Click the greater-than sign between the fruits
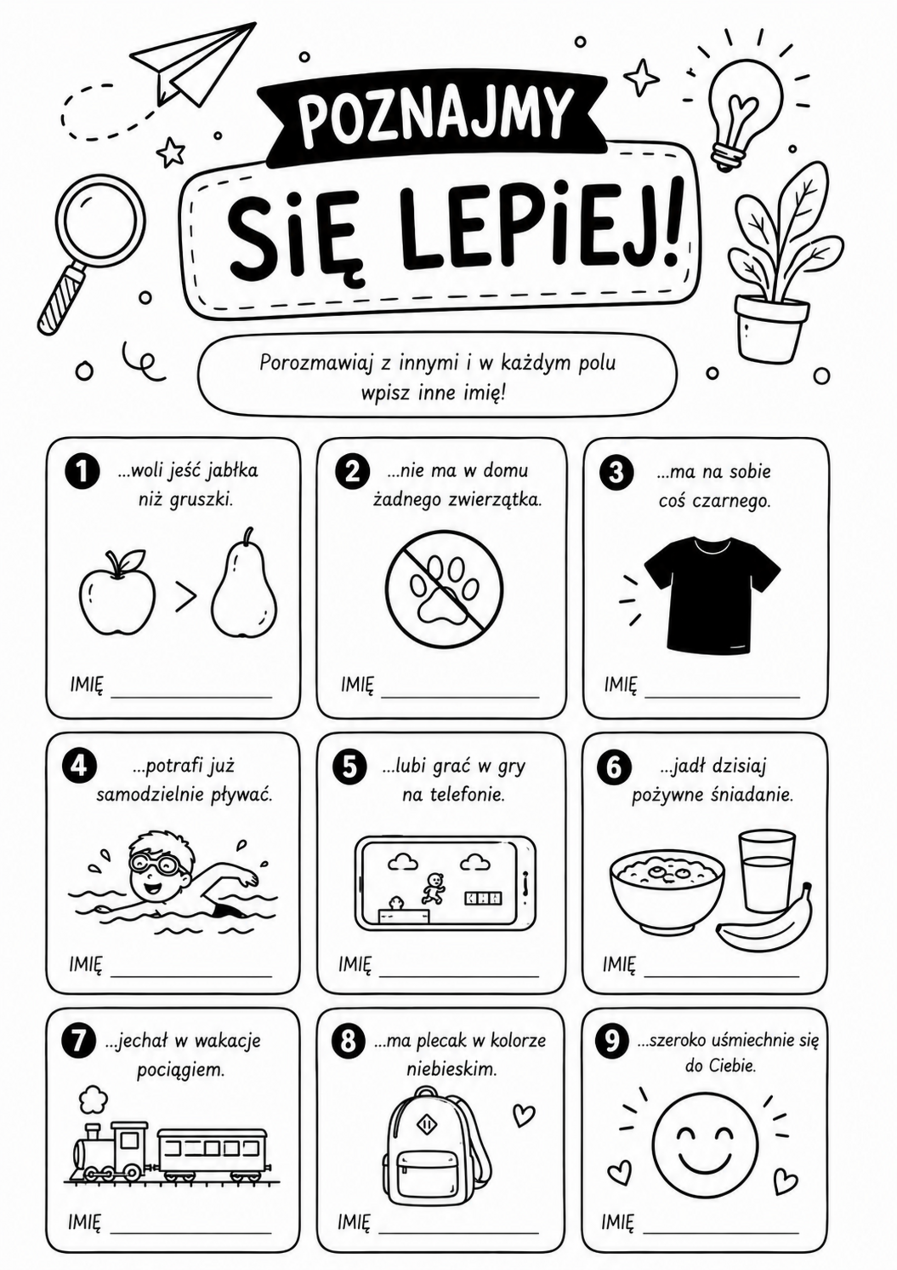186,596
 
